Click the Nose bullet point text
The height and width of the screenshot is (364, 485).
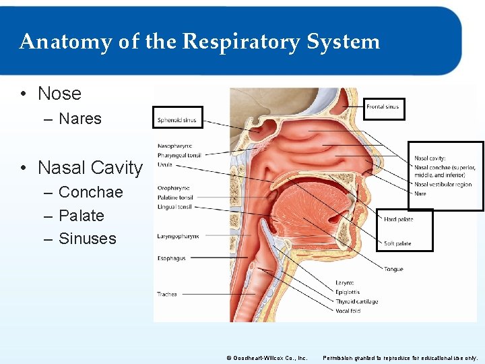click(59, 94)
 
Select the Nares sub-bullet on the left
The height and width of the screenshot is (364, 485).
click(79, 119)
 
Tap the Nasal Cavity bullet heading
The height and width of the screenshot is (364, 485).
click(90, 167)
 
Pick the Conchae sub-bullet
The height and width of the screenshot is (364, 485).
click(90, 192)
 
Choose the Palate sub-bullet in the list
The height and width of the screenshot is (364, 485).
click(81, 216)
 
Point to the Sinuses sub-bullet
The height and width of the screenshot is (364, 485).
click(87, 239)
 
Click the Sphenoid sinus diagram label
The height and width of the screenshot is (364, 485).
click(176, 121)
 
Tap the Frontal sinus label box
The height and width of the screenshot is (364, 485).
click(383, 107)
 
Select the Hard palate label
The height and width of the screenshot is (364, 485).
click(398, 219)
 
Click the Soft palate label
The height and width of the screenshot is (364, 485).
click(397, 243)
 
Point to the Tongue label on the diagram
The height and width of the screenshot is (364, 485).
click(393, 269)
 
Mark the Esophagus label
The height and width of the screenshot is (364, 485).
click(171, 258)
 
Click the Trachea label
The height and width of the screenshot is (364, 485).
click(167, 294)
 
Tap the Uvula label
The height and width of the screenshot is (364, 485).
click(165, 164)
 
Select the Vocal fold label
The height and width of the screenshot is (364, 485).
click(349, 311)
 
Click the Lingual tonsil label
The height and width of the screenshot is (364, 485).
click(174, 206)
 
